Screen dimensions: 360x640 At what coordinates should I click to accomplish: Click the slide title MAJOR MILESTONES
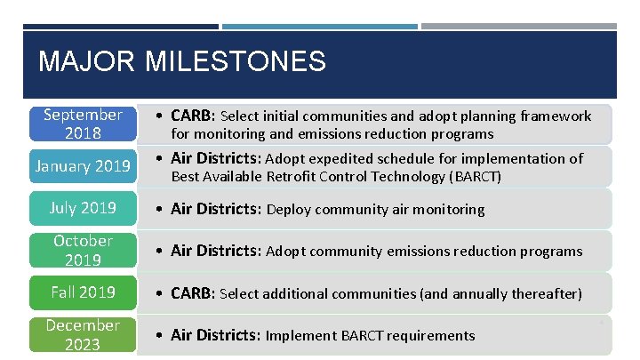(x=182, y=61)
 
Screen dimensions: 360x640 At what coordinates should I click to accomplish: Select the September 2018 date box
(x=83, y=124)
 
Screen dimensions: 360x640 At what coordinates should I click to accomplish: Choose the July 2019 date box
(x=83, y=208)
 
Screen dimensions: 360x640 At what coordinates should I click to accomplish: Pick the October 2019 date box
(x=83, y=251)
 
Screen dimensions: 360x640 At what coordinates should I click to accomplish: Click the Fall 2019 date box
(x=83, y=292)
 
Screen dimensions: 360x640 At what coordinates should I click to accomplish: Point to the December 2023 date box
(x=83, y=334)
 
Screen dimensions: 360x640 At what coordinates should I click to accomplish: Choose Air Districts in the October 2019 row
(x=216, y=252)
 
